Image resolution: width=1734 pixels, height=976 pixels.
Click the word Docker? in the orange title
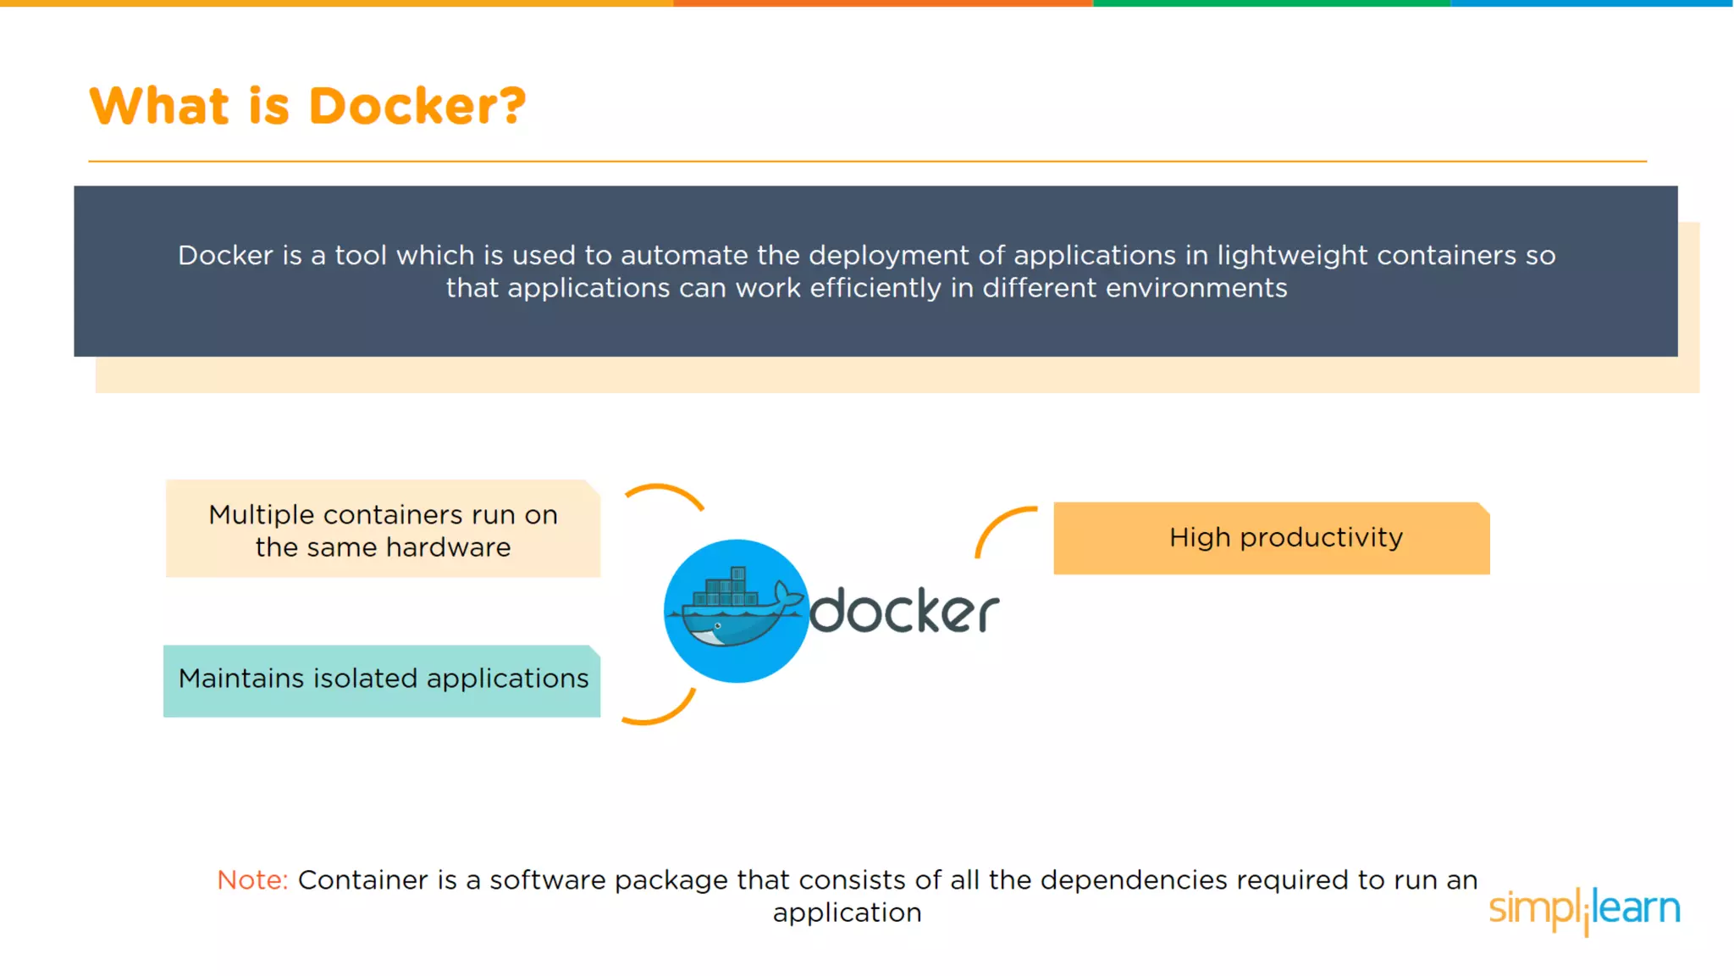[x=417, y=107]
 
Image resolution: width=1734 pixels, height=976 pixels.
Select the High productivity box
[x=1271, y=538]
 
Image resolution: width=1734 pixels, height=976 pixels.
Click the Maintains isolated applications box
[x=382, y=680]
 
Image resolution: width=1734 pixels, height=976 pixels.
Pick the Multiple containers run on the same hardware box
[x=383, y=530]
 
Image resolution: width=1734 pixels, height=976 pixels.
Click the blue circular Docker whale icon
[x=735, y=611]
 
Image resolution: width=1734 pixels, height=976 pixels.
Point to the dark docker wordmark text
[x=904, y=610]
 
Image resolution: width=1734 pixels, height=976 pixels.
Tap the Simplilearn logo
[x=1584, y=909]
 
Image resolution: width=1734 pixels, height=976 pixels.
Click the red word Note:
[x=252, y=880]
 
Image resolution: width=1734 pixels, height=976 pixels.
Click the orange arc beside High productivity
[x=1000, y=525]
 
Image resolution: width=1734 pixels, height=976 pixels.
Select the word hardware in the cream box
[x=448, y=547]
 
